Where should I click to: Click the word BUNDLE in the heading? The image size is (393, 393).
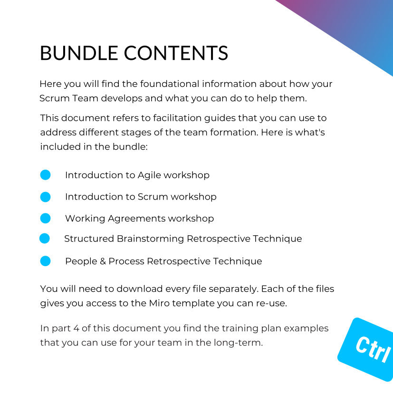(79, 53)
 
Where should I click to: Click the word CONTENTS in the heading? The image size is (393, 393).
(176, 53)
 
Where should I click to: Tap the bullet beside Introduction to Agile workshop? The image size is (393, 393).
(45, 175)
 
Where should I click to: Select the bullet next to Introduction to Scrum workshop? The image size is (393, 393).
(45, 197)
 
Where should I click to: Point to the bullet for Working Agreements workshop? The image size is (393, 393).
(45, 218)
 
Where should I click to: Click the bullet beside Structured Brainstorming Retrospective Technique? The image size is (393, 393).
(45, 238)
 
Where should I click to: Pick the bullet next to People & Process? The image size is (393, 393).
(45, 261)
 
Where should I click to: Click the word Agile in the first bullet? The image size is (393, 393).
(149, 175)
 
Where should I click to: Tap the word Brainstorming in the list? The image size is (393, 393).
(150, 239)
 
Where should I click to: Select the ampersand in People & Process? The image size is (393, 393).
(103, 261)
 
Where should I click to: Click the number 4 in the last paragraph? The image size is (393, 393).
(76, 328)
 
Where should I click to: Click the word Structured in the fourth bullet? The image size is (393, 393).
(89, 239)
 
